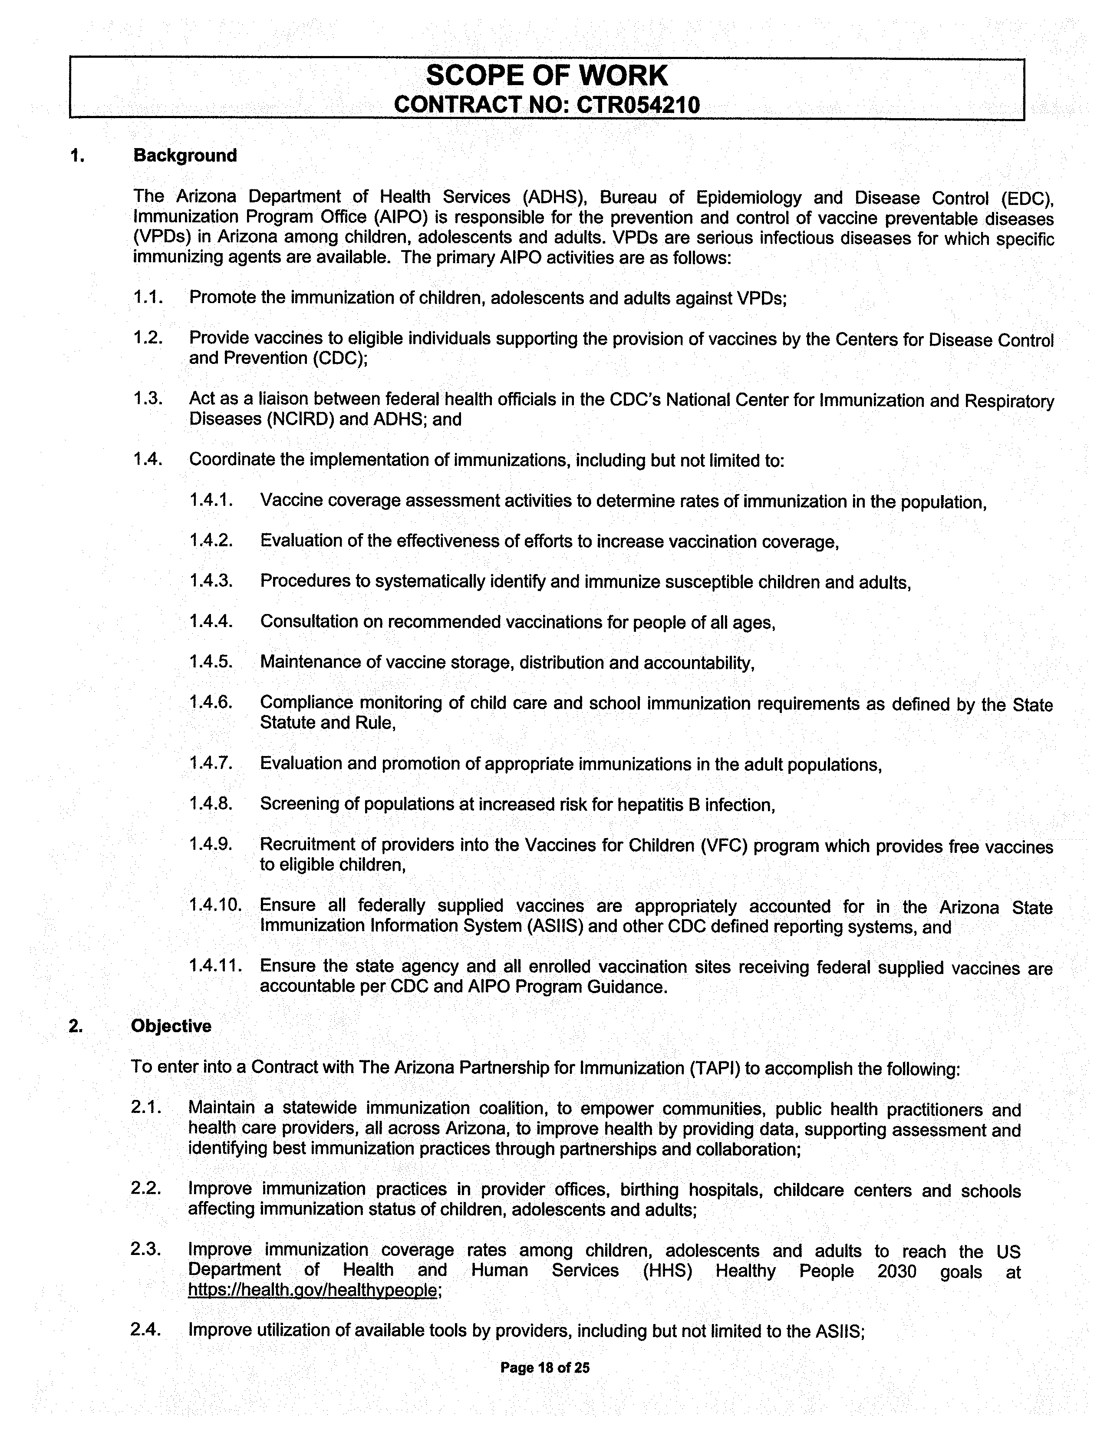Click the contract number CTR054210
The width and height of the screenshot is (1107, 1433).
[637, 105]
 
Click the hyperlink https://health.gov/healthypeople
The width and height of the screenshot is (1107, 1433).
[312, 1289]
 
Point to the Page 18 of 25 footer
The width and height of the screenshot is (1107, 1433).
[545, 1367]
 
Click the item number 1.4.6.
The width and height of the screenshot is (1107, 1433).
[211, 702]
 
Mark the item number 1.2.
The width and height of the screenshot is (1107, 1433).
[148, 337]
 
